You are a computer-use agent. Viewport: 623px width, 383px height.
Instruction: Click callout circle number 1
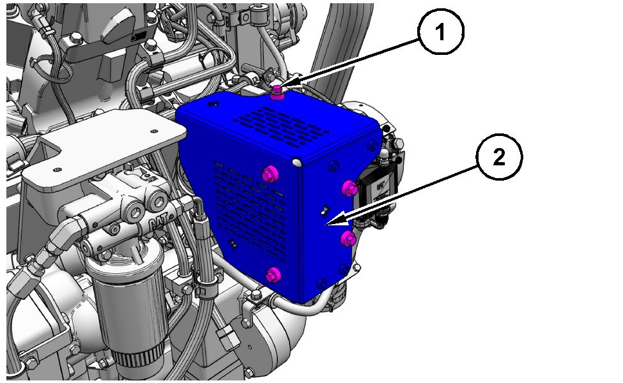click(x=440, y=31)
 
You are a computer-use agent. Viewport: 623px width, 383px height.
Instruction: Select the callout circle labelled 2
click(x=499, y=157)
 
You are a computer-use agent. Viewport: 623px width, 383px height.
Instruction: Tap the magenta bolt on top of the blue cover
click(x=276, y=93)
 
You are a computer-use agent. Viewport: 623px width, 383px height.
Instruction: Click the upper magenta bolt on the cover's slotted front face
click(x=270, y=174)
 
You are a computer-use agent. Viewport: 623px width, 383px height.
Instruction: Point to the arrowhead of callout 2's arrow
click(x=332, y=222)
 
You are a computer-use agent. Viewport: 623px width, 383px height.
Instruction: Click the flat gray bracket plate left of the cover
click(x=104, y=149)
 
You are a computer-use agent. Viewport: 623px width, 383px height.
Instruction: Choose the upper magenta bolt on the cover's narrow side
click(x=350, y=188)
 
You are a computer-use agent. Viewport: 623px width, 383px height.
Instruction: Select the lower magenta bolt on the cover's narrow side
click(x=349, y=239)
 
